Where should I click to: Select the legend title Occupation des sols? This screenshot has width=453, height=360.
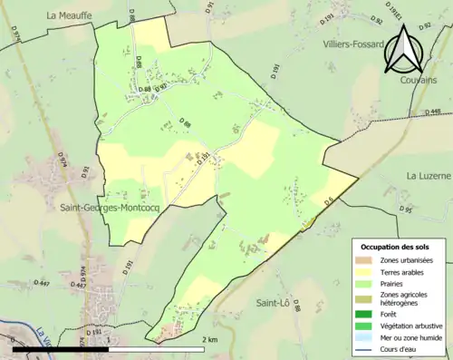(x=395, y=247)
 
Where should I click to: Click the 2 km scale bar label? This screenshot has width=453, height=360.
(x=210, y=340)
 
